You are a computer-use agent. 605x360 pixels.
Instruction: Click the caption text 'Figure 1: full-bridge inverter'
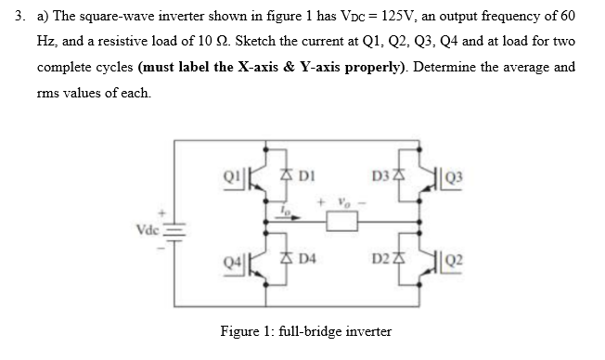tap(305, 331)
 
